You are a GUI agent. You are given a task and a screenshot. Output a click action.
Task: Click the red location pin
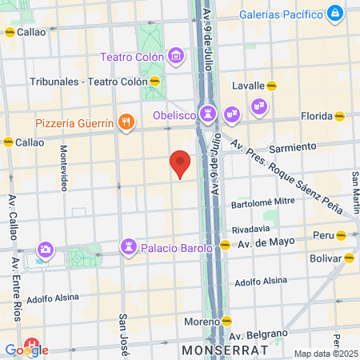(x=181, y=163)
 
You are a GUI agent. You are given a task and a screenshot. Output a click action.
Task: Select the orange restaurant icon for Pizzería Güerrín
(x=125, y=122)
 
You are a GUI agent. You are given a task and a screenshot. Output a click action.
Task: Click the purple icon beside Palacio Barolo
(x=128, y=245)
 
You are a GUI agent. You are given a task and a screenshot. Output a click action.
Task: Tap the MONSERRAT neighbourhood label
(x=216, y=350)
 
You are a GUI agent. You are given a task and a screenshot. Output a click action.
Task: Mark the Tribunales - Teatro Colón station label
(x=89, y=82)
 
